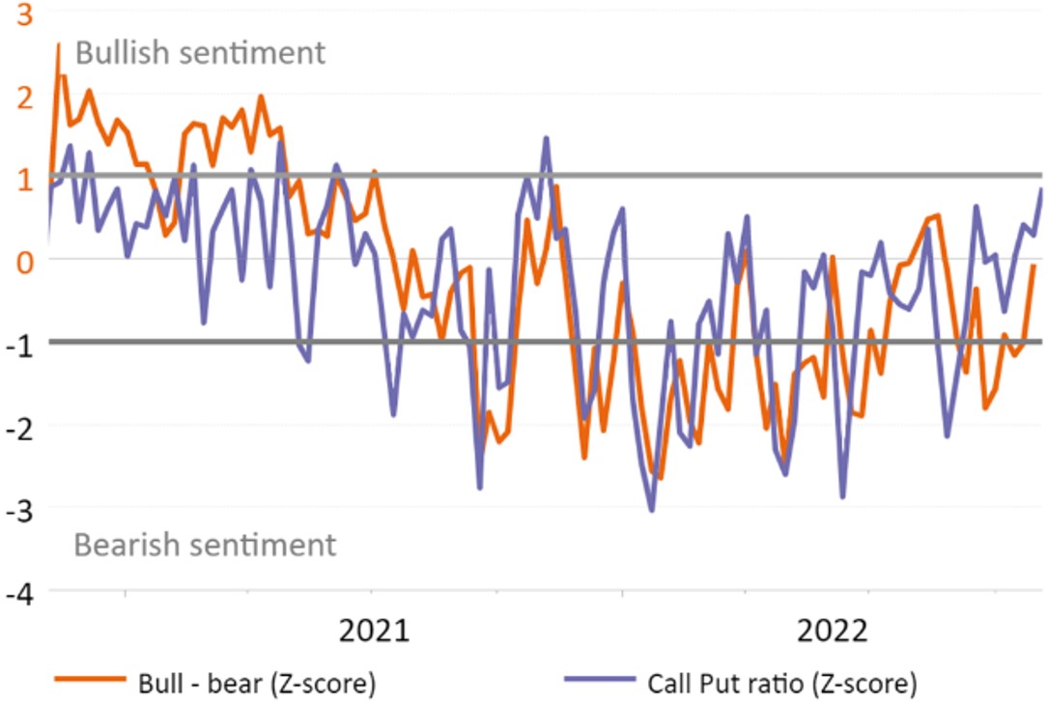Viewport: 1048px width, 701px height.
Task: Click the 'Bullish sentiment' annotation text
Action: click(x=200, y=52)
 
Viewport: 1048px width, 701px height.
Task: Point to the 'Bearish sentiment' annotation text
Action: click(x=205, y=545)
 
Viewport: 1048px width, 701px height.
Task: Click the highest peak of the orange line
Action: click(x=58, y=44)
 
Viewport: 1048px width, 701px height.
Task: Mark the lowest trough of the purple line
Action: click(x=651, y=510)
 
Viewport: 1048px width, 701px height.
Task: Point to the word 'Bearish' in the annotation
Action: click(x=128, y=545)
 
